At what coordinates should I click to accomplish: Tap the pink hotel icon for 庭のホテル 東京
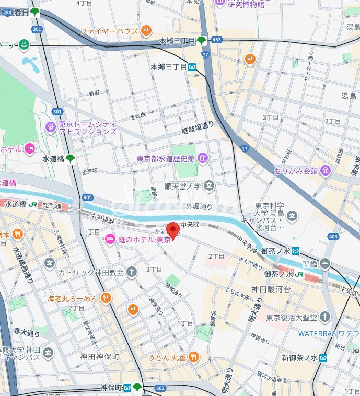tap(110, 239)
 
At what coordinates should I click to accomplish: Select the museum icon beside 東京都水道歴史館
tap(202, 158)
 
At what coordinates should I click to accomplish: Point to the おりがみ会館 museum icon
tap(326, 171)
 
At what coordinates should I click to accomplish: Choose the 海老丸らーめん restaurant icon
tap(106, 298)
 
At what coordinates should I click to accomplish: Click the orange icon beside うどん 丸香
tap(194, 357)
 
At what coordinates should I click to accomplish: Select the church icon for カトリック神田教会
tap(132, 272)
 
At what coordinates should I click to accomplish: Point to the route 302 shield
tap(160, 388)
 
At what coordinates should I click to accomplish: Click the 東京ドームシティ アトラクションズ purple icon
tap(51, 127)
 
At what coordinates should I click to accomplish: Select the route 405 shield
tap(87, 197)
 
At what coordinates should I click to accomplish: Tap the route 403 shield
tap(333, 237)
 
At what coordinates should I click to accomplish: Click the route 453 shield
tap(216, 39)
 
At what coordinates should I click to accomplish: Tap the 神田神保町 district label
tap(100, 357)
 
